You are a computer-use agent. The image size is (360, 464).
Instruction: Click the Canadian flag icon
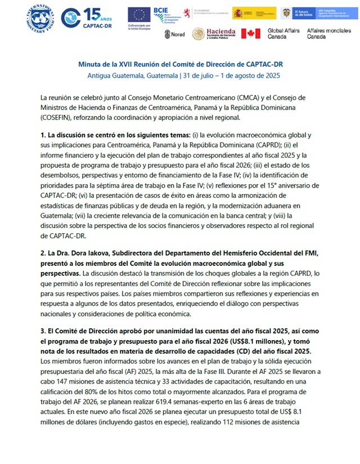point(250,34)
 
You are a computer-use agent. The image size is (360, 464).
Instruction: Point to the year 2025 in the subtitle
point(264,75)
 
